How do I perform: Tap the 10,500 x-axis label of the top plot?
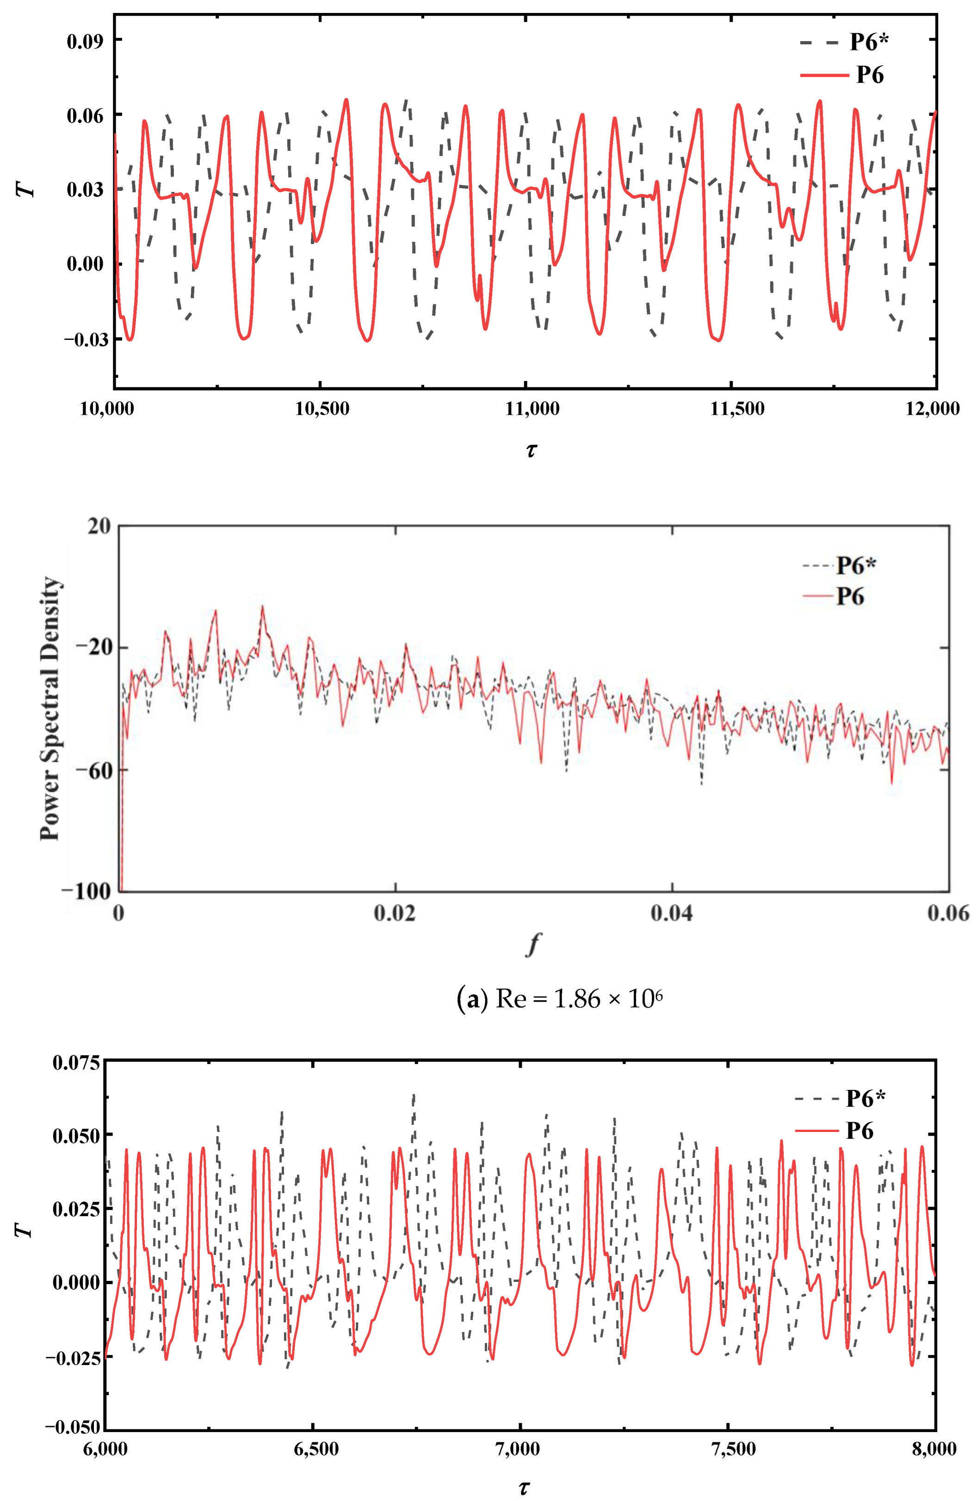pos(322,409)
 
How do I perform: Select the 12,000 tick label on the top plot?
pos(932,409)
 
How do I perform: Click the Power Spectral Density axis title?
pos(50,707)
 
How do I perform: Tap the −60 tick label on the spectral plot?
pos(90,770)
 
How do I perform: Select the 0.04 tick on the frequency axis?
pos(672,913)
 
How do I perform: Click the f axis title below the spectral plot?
pos(533,944)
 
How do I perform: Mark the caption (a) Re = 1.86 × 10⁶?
pos(559,999)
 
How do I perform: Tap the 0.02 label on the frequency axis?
pos(395,913)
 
